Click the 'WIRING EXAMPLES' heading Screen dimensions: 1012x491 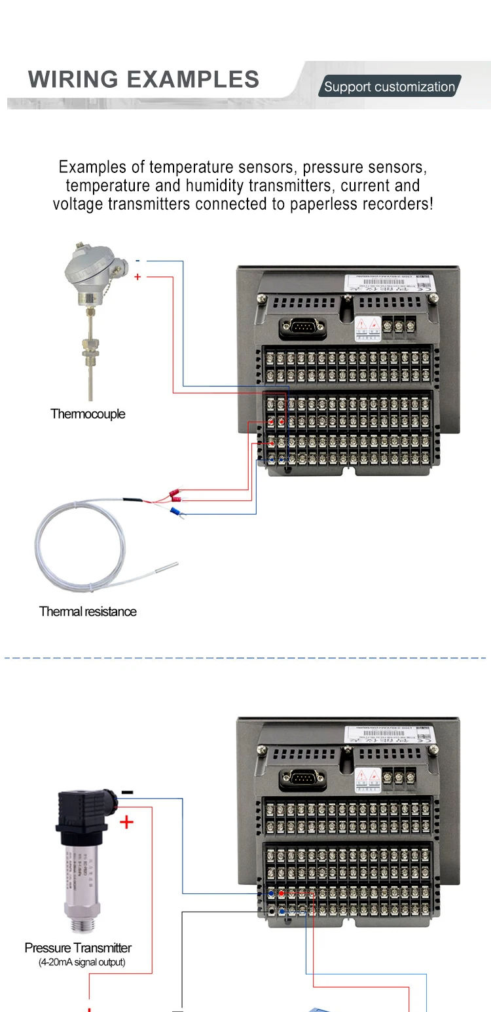(x=143, y=79)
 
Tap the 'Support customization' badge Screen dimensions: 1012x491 (x=390, y=86)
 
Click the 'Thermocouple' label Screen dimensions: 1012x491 (x=88, y=414)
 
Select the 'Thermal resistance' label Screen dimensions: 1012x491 (x=88, y=611)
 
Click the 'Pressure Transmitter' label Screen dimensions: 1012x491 (x=78, y=948)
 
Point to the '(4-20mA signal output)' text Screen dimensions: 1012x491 (x=82, y=962)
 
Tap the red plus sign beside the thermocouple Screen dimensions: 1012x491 (x=137, y=277)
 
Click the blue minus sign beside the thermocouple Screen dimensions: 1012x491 (x=137, y=261)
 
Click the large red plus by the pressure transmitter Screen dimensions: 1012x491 (x=126, y=821)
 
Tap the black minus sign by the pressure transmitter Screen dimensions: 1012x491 (x=127, y=793)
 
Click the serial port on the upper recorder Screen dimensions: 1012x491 (x=302, y=327)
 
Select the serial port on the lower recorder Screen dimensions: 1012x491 (x=302, y=778)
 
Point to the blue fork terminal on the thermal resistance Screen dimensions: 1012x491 (x=175, y=512)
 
